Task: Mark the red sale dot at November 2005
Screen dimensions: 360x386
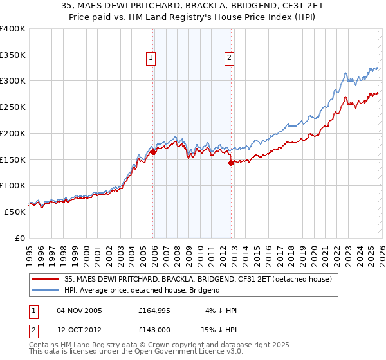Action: pyautogui.click(x=152, y=152)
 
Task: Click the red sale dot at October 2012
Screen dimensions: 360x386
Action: pyautogui.click(x=231, y=163)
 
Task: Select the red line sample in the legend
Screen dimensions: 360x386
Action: pyautogui.click(x=46, y=279)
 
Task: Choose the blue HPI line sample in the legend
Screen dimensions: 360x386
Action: pyautogui.click(x=46, y=290)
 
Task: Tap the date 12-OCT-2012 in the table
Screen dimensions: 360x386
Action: pyautogui.click(x=80, y=330)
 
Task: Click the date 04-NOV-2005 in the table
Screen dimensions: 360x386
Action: pyautogui.click(x=80, y=310)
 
